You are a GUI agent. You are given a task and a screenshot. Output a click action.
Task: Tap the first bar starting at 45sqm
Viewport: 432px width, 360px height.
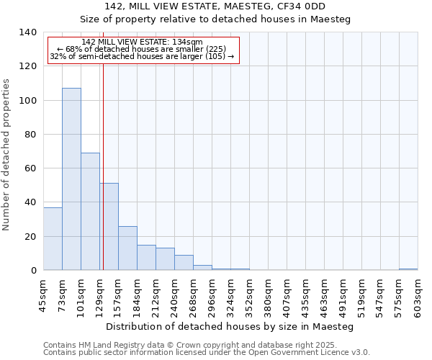click(53, 238)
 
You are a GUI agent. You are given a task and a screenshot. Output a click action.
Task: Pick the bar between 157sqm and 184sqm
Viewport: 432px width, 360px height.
click(127, 248)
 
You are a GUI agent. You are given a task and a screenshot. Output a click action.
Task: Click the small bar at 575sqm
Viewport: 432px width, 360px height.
click(408, 269)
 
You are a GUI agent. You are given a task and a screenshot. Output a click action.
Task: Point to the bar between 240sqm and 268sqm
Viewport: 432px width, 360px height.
click(184, 262)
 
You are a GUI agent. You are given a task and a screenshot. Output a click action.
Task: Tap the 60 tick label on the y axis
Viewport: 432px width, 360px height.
click(30, 168)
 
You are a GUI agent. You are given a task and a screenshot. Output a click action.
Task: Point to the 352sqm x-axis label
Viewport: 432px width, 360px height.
click(249, 294)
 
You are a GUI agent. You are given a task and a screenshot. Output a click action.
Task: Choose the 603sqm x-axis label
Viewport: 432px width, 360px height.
click(418, 294)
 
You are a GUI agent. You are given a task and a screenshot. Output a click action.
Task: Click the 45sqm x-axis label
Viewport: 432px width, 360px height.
click(43, 294)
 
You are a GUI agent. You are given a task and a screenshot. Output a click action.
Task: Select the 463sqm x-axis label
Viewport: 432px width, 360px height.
click(324, 294)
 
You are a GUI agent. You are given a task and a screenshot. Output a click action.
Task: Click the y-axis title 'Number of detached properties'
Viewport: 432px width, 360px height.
click(6, 155)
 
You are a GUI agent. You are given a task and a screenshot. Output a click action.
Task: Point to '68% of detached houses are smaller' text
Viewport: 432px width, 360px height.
click(143, 49)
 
